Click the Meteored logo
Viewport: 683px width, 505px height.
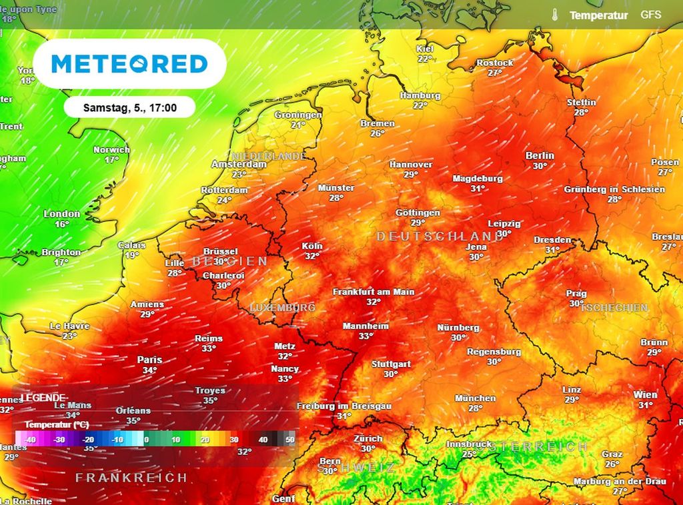pos(129,64)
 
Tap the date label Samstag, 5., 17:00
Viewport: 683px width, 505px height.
pos(129,107)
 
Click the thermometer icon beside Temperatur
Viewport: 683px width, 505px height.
pos(554,15)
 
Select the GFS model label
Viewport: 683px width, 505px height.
pos(651,14)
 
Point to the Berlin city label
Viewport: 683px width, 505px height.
pos(540,155)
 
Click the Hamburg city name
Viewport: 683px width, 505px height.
pos(420,95)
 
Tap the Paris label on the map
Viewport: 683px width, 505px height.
pos(149,360)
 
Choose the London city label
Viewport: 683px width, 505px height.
pos(61,214)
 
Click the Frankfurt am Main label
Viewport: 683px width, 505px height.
pos(374,292)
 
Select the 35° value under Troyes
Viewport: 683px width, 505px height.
pos(210,401)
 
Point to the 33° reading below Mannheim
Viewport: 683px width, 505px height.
pos(366,336)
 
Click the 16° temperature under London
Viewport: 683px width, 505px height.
pos(61,225)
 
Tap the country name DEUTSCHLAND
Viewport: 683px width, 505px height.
pos(439,237)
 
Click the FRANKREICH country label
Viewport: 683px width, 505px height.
pos(131,478)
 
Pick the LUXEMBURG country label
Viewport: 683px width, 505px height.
pos(282,308)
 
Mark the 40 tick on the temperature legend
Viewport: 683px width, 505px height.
pos(263,440)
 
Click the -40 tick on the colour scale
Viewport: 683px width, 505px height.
pos(29,440)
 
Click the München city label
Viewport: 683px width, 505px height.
pos(475,398)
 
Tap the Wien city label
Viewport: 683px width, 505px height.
pos(645,394)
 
